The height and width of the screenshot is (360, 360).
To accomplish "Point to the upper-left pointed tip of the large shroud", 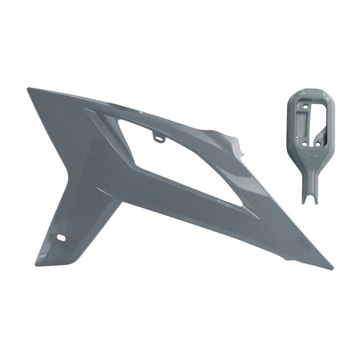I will point(29,89).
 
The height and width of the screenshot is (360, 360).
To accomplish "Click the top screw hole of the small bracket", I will point(306,107).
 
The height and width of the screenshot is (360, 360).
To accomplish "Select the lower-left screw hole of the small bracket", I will point(306,144).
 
